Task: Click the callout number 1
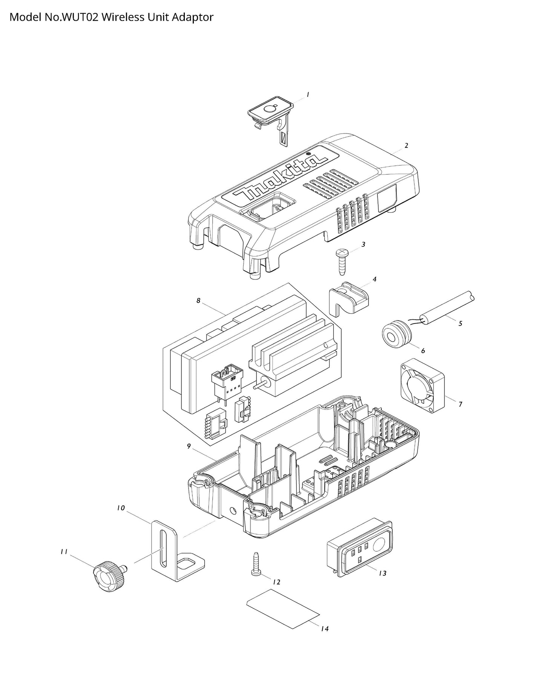tap(308, 95)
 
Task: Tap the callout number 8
tap(198, 301)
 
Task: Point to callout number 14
tap(325, 628)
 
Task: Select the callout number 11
tap(64, 552)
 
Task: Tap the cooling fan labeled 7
tap(422, 385)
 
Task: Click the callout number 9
tap(189, 446)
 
